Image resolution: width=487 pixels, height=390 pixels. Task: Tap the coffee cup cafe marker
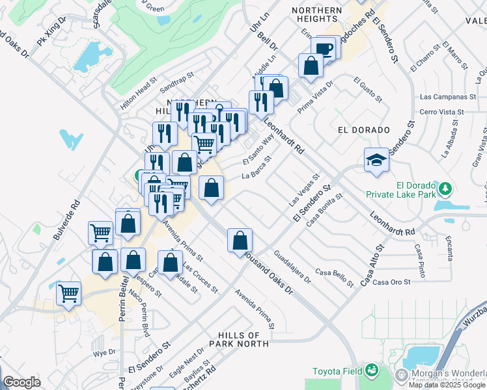pos(324,49)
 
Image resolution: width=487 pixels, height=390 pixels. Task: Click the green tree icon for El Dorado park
pos(446,188)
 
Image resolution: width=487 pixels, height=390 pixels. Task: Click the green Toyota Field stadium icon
pos(372,370)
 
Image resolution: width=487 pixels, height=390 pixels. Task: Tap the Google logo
pos(21,382)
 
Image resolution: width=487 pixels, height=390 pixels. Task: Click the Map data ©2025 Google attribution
pos(447,385)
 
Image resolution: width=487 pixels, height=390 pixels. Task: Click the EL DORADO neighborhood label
pos(355,129)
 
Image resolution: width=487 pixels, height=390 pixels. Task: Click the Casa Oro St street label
pos(392,281)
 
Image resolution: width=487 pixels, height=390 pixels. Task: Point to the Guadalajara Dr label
pos(292,267)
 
